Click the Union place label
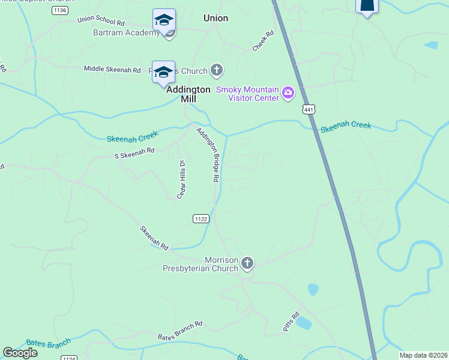point(215,18)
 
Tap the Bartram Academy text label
point(126,32)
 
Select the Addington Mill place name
point(188,94)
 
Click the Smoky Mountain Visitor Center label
point(248,94)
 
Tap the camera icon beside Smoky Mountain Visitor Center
point(288,92)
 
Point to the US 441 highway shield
point(308,110)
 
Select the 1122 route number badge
point(200,219)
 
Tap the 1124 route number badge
point(69,358)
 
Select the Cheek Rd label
point(263,41)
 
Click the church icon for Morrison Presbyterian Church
point(247,263)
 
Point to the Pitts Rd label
point(291,322)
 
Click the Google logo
point(20,353)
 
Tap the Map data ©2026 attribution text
point(423,355)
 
